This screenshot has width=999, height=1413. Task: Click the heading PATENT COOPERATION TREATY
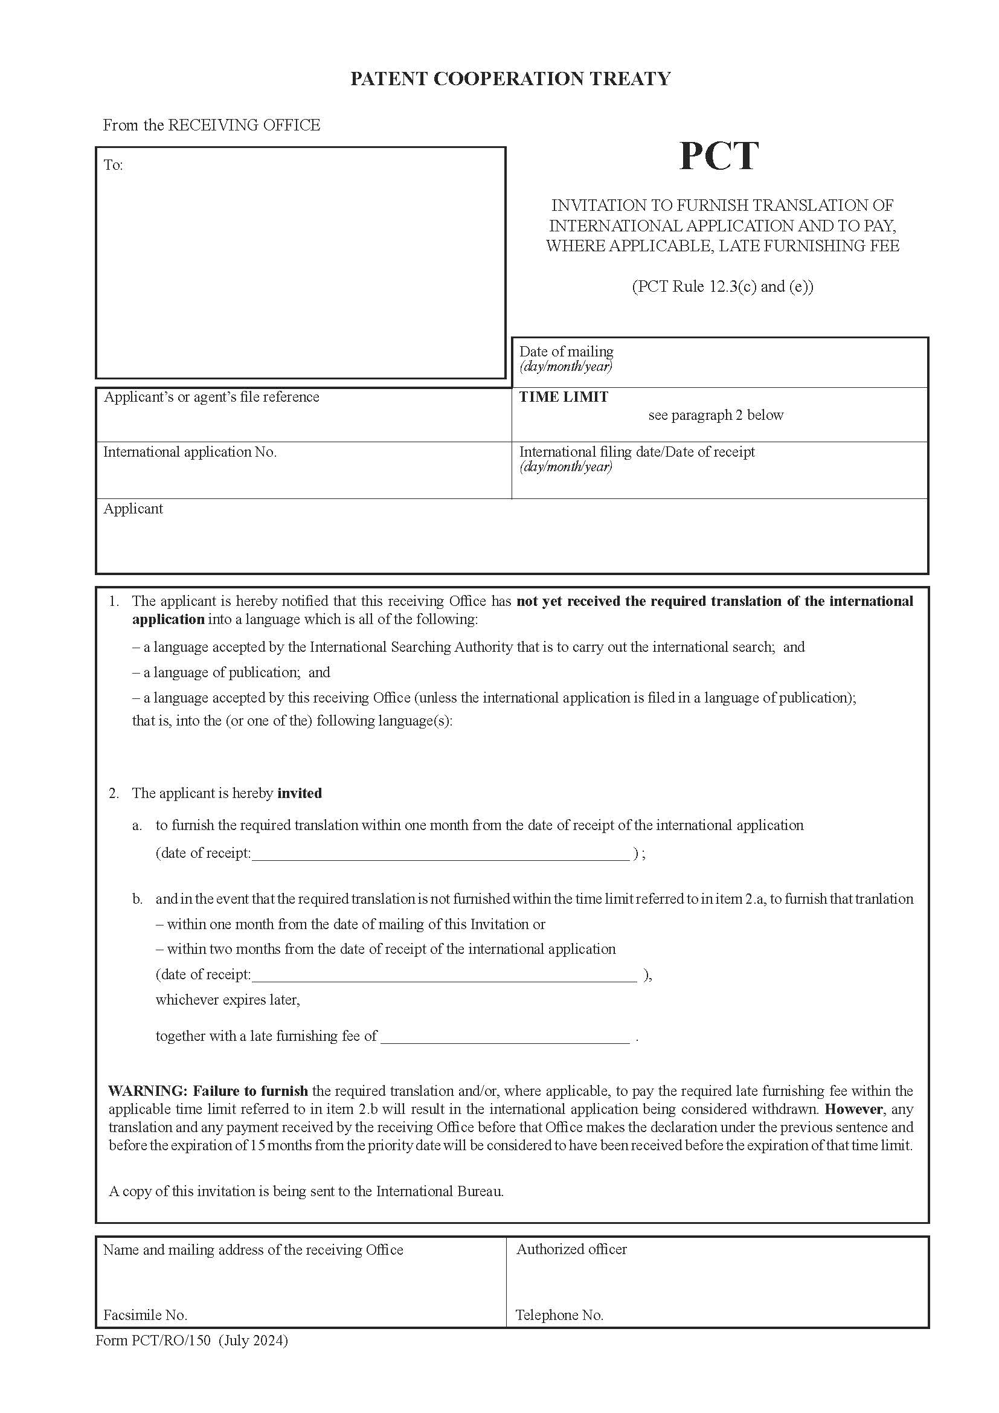(x=510, y=79)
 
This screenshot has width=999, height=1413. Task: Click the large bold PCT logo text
(x=719, y=156)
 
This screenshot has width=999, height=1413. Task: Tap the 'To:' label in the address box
(x=113, y=165)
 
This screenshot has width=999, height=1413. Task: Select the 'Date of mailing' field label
(x=566, y=352)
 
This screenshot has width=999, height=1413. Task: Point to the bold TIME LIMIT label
(x=564, y=397)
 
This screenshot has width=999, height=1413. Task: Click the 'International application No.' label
(x=190, y=452)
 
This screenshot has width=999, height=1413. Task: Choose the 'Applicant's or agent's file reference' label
(x=211, y=397)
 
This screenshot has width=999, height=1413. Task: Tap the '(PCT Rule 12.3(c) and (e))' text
(x=722, y=286)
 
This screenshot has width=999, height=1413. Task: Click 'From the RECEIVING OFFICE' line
(x=211, y=125)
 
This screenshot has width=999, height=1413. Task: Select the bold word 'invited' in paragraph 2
(x=300, y=793)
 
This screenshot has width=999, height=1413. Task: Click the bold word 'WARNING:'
(x=147, y=1090)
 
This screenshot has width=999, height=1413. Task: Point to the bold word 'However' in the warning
(x=853, y=1109)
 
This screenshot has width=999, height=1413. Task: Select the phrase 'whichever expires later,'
(x=228, y=999)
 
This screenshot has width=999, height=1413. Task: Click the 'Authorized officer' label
(x=571, y=1249)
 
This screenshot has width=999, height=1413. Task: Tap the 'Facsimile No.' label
(x=145, y=1315)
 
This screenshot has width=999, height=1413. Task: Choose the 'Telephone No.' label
(x=559, y=1315)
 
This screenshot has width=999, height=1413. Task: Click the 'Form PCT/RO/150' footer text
(x=153, y=1340)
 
